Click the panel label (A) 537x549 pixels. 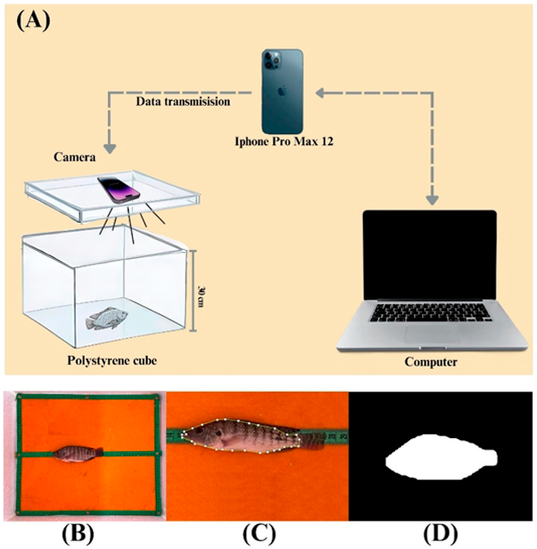click(33, 23)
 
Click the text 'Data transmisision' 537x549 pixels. click(183, 102)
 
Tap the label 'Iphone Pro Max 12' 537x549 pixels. click(284, 141)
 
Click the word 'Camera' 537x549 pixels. click(75, 157)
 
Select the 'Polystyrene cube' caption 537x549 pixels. click(112, 361)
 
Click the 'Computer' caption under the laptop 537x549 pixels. click(431, 362)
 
